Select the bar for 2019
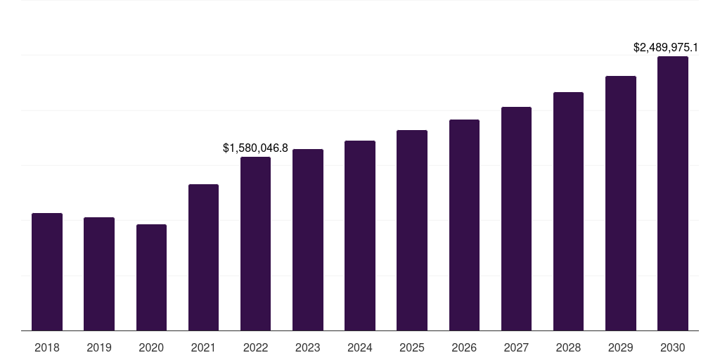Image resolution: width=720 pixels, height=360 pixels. coord(99,274)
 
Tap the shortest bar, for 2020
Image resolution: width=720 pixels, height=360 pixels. coord(151,277)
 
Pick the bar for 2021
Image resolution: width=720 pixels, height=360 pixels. coord(203,257)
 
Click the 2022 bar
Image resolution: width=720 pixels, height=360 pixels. coord(255,243)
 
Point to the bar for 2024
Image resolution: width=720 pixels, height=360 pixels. coord(360,236)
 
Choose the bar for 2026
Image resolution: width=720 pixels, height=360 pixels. coord(464,225)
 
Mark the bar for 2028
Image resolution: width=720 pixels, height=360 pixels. coord(568,211)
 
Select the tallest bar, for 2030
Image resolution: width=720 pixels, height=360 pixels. coord(673,193)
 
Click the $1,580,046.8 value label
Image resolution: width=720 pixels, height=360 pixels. coord(255,148)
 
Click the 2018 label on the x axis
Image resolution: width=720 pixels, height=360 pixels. coord(47,347)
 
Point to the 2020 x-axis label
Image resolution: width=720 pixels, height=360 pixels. coord(151,347)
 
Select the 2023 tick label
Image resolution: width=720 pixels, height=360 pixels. coord(308,347)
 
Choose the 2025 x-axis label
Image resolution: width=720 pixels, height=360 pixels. coord(412,347)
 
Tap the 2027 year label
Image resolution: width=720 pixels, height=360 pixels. coord(516,347)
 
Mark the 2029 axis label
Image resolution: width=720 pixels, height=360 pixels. coord(620,347)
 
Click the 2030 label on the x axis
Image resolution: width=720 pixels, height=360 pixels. coord(673,347)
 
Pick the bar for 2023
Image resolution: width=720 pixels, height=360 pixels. coord(308,240)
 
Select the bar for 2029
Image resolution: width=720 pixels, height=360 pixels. coord(620,203)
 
